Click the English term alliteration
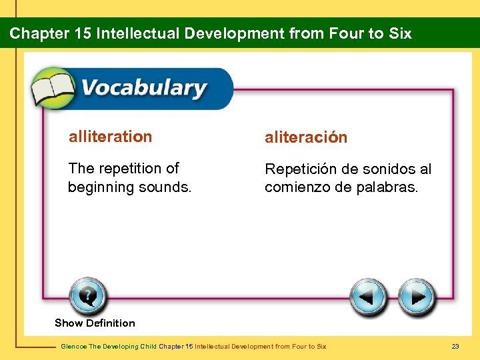pyautogui.click(x=110, y=137)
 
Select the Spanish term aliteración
pyautogui.click(x=306, y=137)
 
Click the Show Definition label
pyautogui.click(x=95, y=323)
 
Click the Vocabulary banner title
pyautogui.click(x=143, y=89)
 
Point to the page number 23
pyautogui.click(x=455, y=347)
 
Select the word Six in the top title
pyautogui.click(x=399, y=33)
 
